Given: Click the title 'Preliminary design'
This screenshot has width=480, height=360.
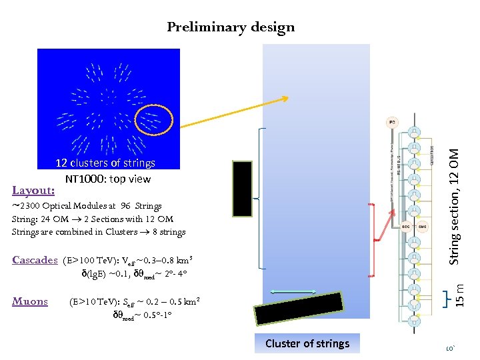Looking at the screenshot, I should click(x=231, y=27).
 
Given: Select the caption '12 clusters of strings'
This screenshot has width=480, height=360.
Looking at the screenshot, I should click(x=105, y=163).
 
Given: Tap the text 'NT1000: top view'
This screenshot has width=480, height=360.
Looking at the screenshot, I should click(x=108, y=179).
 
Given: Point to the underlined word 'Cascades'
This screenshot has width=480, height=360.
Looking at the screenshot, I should click(x=35, y=260).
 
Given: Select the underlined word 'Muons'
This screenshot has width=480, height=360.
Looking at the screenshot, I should click(x=31, y=301).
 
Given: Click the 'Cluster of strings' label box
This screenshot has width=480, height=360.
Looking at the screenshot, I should click(x=307, y=343).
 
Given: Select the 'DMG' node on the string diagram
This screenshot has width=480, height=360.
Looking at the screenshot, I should click(x=423, y=227).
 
